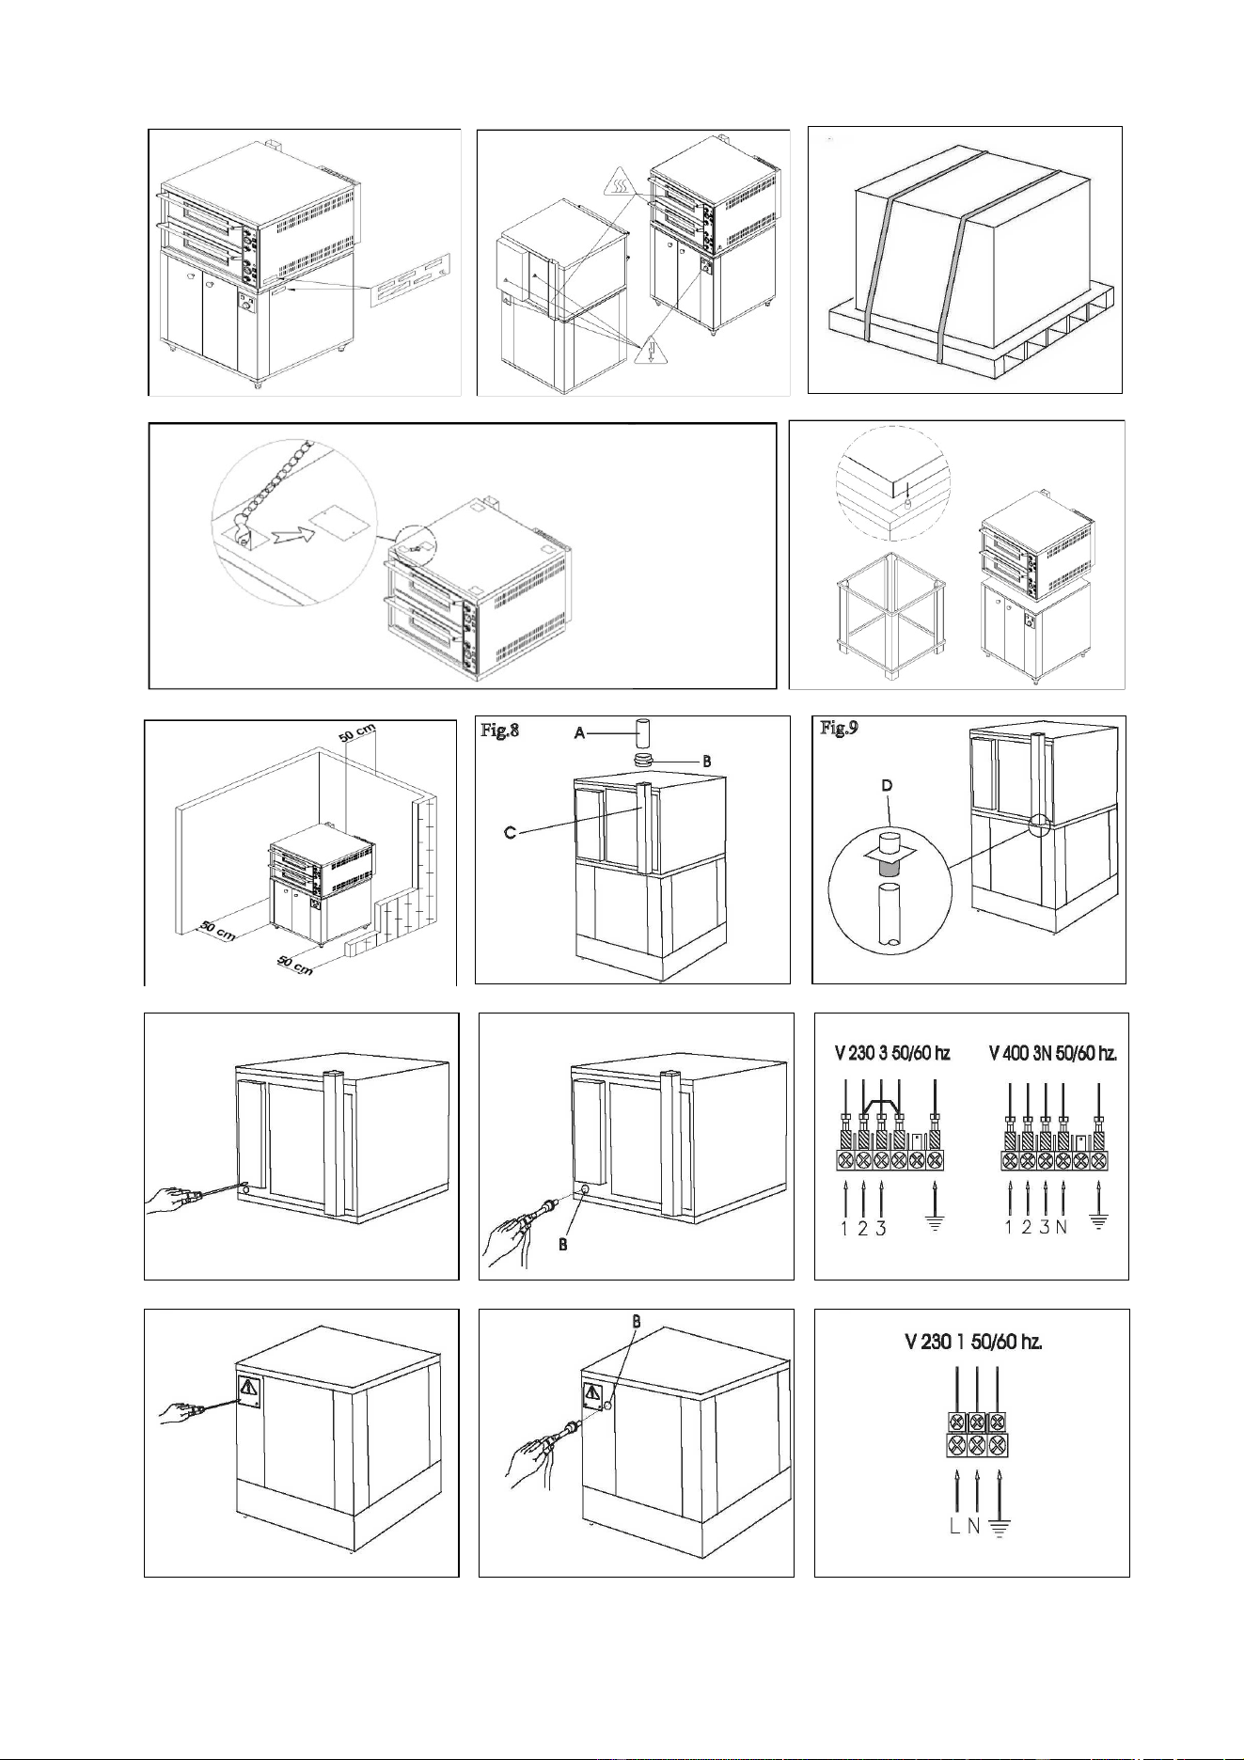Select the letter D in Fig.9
[886, 785]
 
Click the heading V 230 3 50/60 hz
[892, 1053]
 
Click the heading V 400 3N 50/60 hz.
[1053, 1053]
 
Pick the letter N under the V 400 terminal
[1063, 1228]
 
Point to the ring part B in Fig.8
[645, 761]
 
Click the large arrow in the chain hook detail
[289, 537]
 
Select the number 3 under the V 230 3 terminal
[881, 1228]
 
